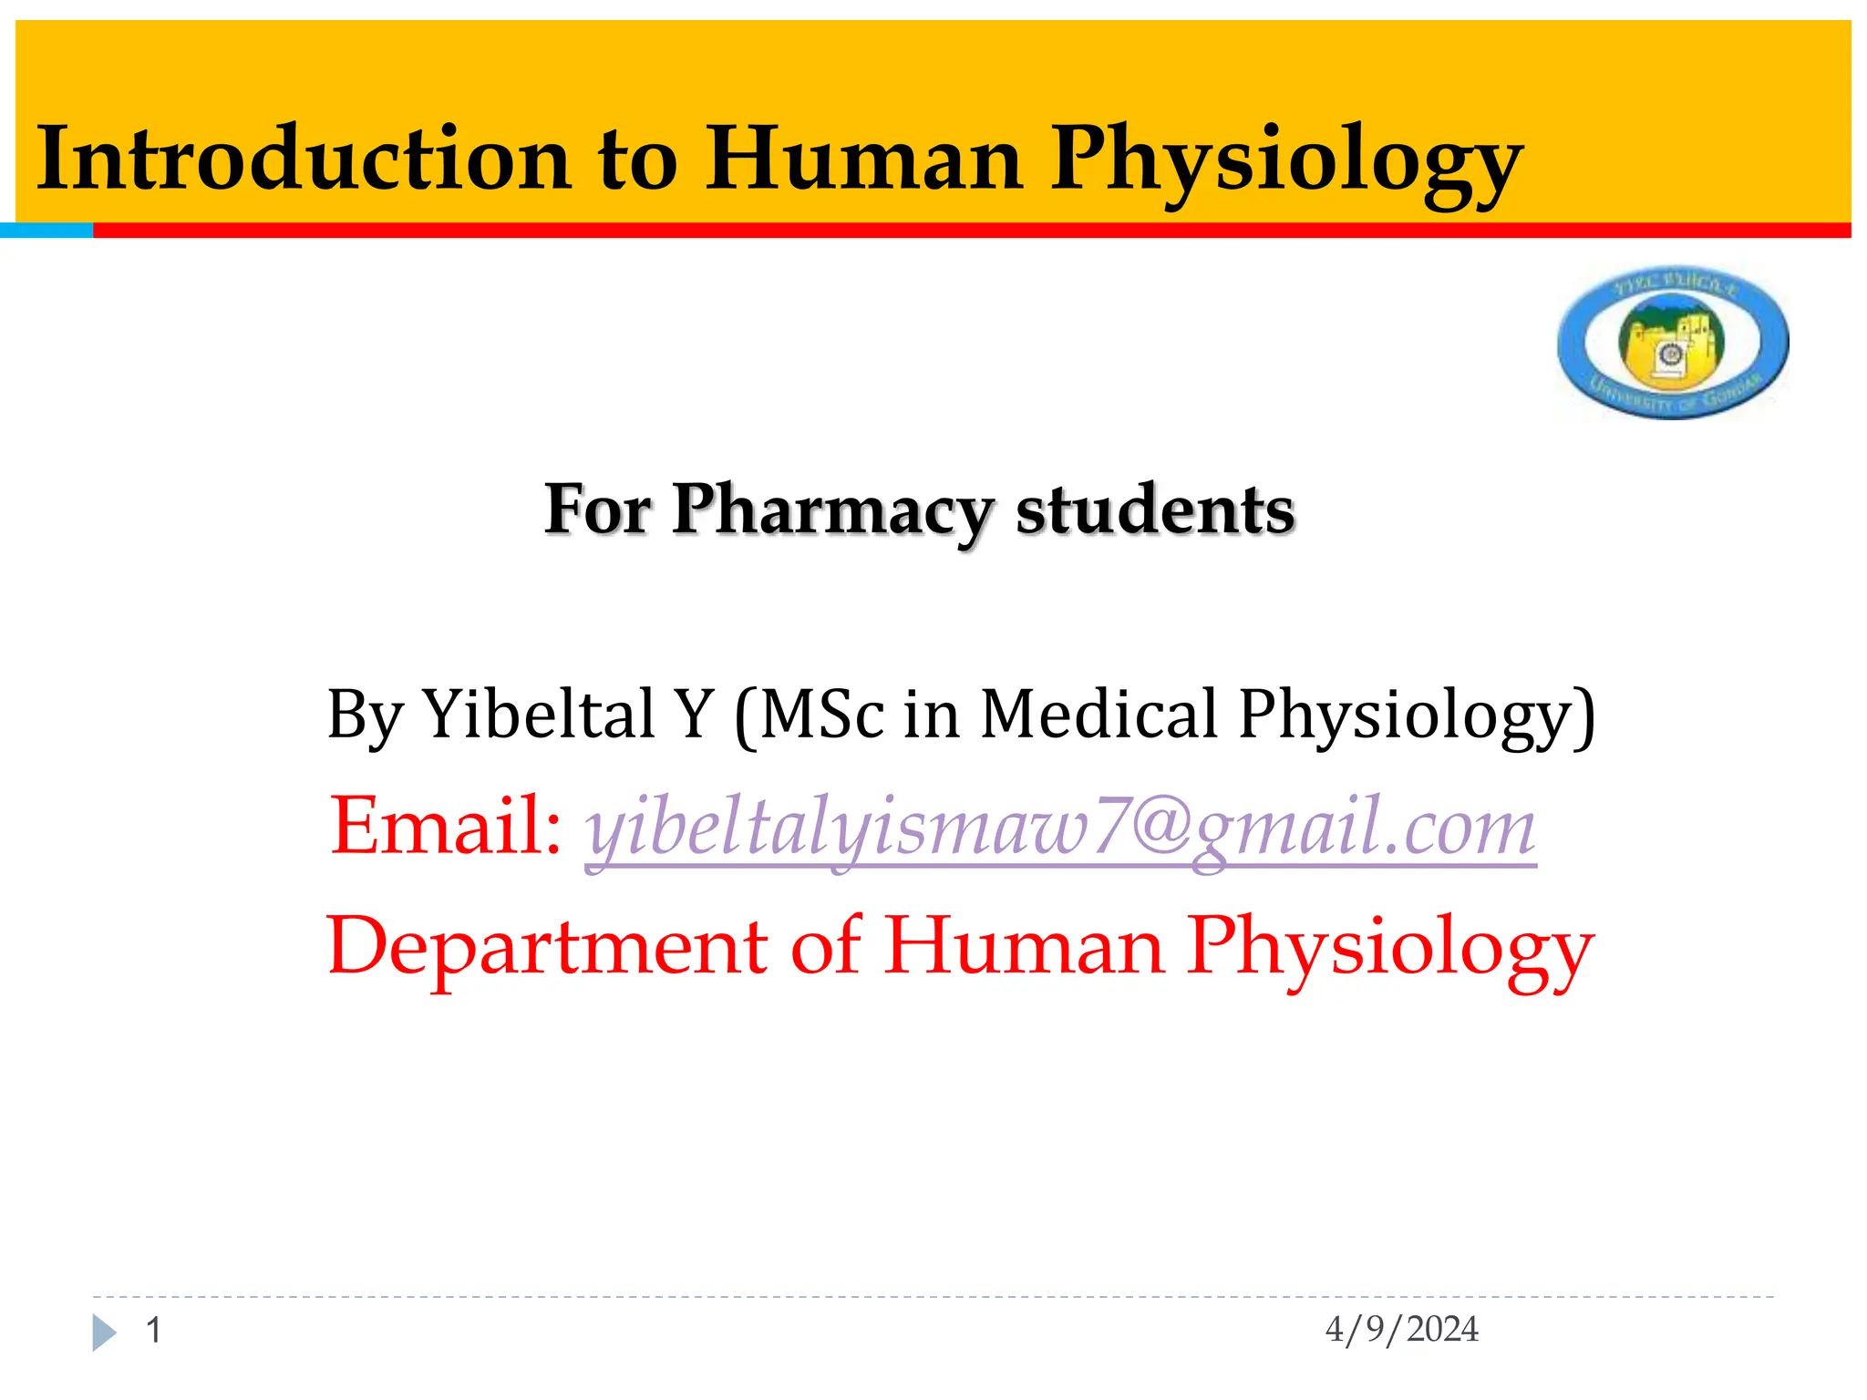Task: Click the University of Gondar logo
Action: (x=1673, y=343)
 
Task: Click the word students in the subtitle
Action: (x=1155, y=510)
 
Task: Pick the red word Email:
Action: (x=446, y=826)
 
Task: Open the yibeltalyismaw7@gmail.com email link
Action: (x=1060, y=828)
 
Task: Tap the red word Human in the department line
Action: (x=1024, y=946)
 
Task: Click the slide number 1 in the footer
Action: (x=154, y=1331)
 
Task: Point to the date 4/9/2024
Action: (x=1401, y=1330)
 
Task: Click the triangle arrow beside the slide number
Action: (x=104, y=1333)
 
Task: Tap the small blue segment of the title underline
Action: (x=46, y=231)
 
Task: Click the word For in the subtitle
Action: (x=598, y=510)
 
